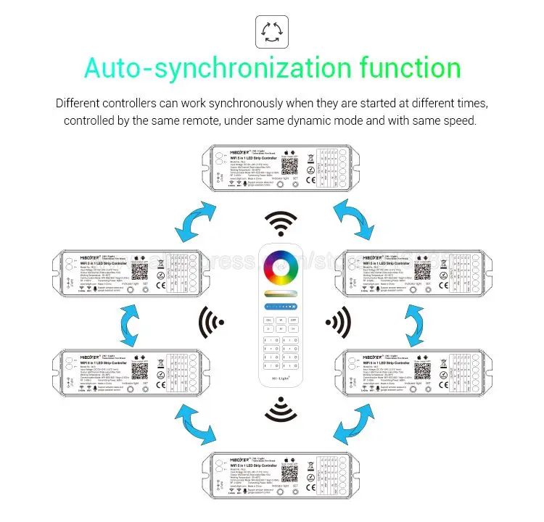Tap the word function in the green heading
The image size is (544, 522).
click(x=411, y=69)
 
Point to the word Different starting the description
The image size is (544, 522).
click(x=82, y=103)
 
